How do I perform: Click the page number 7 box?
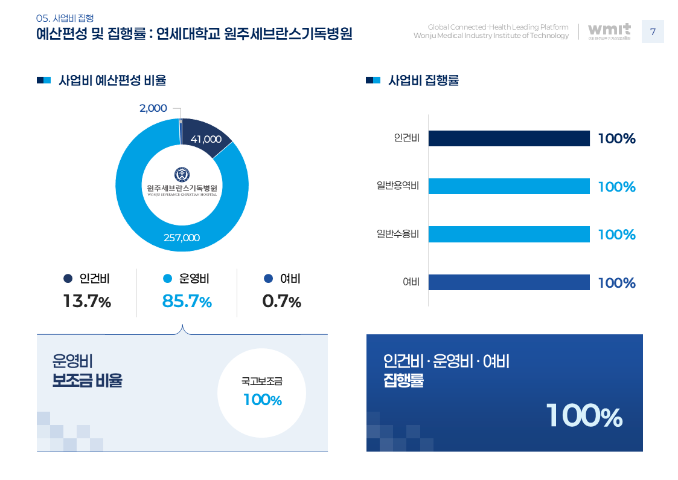652,31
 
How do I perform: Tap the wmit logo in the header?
609,31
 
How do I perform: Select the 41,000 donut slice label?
206,139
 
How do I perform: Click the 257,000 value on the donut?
182,238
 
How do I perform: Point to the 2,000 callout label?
153,108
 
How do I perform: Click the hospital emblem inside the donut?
182,175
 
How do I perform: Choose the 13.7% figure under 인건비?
87,301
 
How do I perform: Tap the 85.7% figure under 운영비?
187,301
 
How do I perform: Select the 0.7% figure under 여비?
281,301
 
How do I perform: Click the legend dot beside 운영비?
168,279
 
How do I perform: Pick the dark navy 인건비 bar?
509,138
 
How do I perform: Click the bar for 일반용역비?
509,186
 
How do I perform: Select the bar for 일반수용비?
509,235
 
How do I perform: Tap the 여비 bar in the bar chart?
509,282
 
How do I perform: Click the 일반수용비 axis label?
398,235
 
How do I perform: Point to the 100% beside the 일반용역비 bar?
616,187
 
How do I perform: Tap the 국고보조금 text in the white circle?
262,381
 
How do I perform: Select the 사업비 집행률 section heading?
424,80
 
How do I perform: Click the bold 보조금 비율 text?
87,380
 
